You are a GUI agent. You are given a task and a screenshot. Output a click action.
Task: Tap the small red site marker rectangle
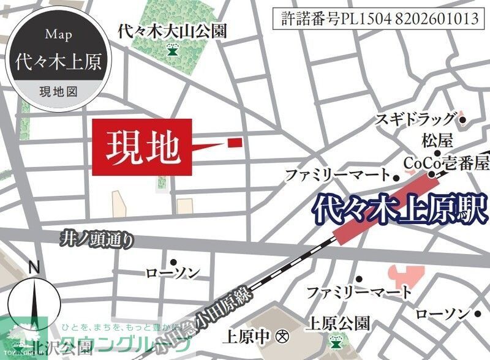(x=235, y=143)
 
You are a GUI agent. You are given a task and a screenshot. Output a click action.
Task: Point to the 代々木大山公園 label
(x=173, y=31)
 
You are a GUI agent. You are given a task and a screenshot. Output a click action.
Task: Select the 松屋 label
(x=437, y=141)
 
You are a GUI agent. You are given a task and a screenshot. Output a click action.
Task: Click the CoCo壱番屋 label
(x=447, y=162)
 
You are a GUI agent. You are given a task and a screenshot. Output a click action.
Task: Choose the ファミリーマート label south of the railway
(x=360, y=291)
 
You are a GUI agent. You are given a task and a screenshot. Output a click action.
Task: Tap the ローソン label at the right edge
(x=442, y=315)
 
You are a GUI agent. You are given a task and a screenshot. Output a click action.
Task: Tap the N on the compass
(x=34, y=268)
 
